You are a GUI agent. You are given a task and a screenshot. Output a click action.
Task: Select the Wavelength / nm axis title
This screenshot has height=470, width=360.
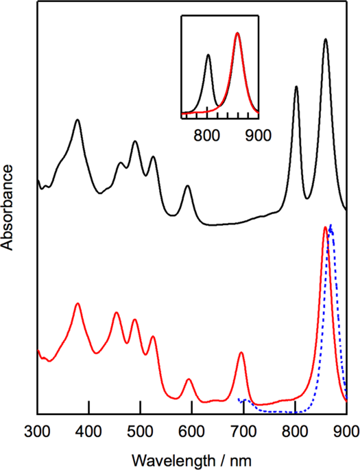[191, 456]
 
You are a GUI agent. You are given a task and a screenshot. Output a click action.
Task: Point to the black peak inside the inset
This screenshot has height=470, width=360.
[208, 55]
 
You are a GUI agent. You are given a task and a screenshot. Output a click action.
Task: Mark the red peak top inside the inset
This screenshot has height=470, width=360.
[237, 33]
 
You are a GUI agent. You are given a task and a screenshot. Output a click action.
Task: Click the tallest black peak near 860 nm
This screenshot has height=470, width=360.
[325, 40]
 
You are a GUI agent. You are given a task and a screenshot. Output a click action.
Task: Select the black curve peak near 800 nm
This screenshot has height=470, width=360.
[296, 87]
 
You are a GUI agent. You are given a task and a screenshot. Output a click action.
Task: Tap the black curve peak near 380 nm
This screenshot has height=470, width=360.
[77, 120]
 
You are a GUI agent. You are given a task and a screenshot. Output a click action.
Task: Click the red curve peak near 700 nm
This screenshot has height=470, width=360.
[241, 353]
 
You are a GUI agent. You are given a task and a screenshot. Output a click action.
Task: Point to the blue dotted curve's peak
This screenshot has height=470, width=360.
[331, 226]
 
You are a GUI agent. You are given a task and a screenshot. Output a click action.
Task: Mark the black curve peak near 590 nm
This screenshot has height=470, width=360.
[187, 186]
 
